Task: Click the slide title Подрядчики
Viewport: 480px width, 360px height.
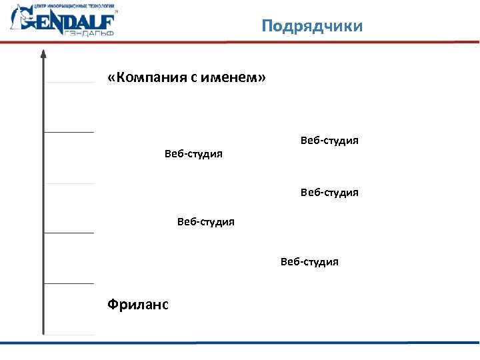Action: coord(312,26)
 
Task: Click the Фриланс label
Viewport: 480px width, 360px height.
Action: coord(138,305)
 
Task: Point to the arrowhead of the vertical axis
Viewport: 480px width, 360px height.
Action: coord(43,54)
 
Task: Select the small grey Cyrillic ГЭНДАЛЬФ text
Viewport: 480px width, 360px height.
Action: coord(90,33)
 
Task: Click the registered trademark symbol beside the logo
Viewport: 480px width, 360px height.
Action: coord(116,11)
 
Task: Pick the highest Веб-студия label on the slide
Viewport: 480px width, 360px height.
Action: coord(329,141)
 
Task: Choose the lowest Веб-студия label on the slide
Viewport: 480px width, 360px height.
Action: coord(309,261)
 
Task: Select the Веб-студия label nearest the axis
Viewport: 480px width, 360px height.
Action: coord(193,154)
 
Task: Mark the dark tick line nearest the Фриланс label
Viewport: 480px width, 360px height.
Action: coord(69,283)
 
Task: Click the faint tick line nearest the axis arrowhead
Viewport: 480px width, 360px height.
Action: coord(69,83)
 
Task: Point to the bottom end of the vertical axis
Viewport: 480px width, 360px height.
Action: coord(43,331)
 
